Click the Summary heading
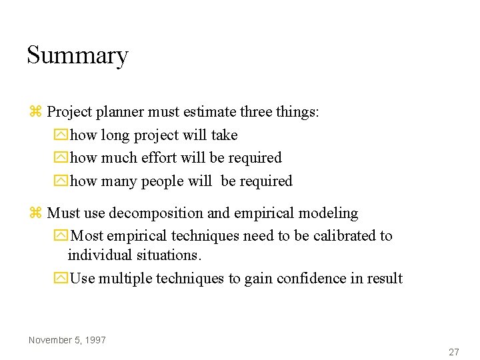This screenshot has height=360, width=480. (x=77, y=55)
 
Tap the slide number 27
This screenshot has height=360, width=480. (x=454, y=352)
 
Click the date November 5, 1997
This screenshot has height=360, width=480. (x=67, y=340)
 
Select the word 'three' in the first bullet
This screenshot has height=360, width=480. (x=256, y=112)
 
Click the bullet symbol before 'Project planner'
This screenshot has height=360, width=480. (x=36, y=112)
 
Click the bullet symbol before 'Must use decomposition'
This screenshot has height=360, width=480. (x=36, y=213)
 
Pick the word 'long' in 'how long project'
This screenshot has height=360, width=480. (x=115, y=135)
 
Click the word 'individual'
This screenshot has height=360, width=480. (x=98, y=255)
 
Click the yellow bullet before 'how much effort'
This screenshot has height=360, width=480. (x=61, y=159)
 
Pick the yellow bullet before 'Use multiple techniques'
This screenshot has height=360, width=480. (x=61, y=279)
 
